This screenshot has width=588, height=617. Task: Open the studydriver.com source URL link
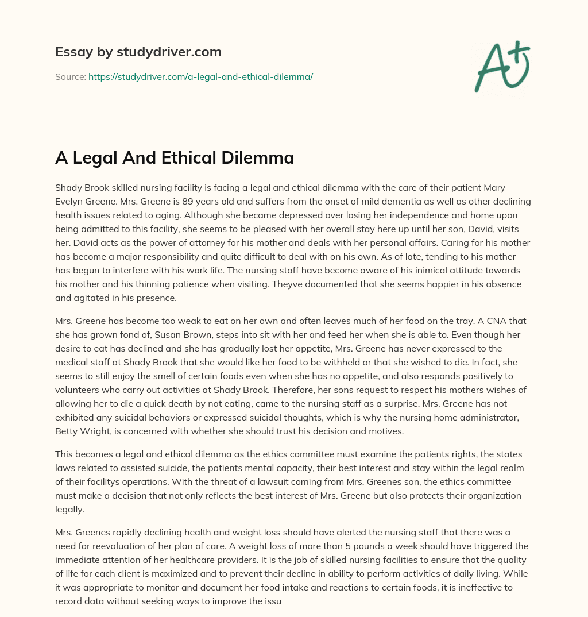(200, 76)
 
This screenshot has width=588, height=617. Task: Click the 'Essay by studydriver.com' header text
(138, 52)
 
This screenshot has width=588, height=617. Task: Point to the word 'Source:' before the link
(70, 76)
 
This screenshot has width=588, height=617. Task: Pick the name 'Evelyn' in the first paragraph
(70, 202)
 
